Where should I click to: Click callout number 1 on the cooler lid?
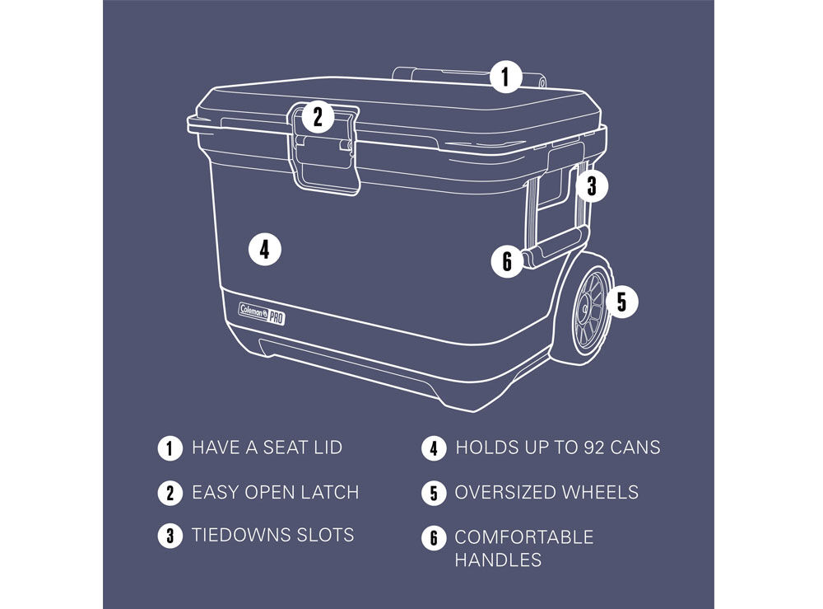[x=506, y=77]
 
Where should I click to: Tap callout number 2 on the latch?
[x=318, y=117]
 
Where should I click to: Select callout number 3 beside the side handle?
[x=592, y=185]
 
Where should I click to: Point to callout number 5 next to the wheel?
[x=622, y=302]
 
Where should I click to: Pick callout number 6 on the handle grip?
[x=507, y=260]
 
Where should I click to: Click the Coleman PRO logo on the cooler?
[x=262, y=314]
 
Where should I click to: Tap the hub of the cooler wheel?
[x=584, y=310]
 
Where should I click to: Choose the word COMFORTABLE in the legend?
[x=524, y=537]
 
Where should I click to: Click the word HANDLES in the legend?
[x=498, y=560]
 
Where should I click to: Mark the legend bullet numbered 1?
[x=170, y=449]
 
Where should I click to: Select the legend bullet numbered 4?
[x=434, y=449]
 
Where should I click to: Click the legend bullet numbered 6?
[x=434, y=538]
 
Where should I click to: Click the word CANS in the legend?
[x=635, y=447]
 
